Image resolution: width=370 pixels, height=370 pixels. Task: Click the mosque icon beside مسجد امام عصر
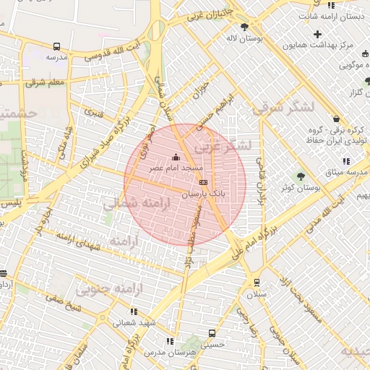[x=175, y=158]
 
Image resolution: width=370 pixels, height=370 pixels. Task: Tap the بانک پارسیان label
[x=203, y=194]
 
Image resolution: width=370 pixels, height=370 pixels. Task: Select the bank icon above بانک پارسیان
[x=203, y=183]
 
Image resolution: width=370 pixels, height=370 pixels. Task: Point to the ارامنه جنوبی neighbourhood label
[x=107, y=290]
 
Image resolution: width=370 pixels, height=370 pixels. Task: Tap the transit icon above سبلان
[x=257, y=283]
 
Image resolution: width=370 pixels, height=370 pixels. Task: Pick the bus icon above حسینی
[x=212, y=334]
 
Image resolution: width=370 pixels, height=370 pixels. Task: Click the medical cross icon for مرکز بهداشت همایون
[x=317, y=34]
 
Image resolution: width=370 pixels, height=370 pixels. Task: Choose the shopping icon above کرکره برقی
[x=335, y=119]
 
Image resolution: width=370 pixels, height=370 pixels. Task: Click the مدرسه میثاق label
[x=345, y=172]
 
